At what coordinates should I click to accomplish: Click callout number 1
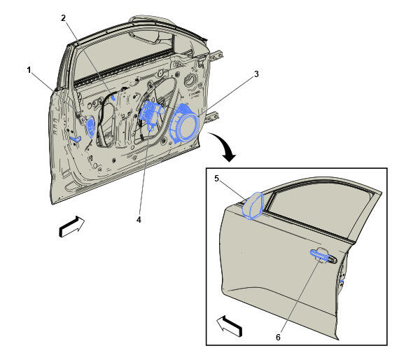click(x=29, y=70)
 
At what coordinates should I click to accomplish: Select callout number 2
click(x=64, y=18)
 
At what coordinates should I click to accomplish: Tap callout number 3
click(x=256, y=74)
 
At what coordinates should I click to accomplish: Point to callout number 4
click(x=139, y=220)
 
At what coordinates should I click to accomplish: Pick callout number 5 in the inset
click(x=217, y=179)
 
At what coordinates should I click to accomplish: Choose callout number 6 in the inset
click(x=278, y=337)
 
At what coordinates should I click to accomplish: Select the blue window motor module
click(x=150, y=113)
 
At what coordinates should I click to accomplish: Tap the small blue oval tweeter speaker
click(x=90, y=127)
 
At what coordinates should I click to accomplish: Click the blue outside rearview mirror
click(x=253, y=206)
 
